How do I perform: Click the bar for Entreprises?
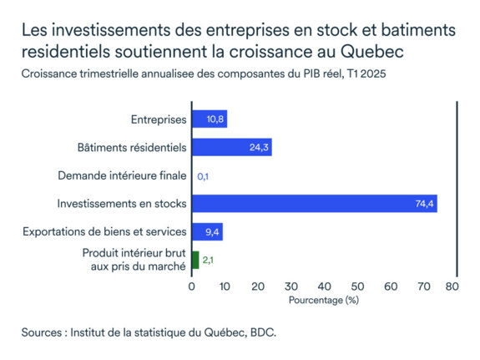[210, 119]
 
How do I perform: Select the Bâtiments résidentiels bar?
[231, 148]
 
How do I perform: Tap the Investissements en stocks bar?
[314, 204]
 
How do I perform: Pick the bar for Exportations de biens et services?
[207, 231]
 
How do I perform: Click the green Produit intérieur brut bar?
[195, 260]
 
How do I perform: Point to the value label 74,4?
[424, 204]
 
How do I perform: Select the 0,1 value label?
[203, 176]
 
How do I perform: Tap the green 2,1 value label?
[209, 261]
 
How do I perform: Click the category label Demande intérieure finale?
[122, 175]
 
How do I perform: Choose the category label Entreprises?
[159, 119]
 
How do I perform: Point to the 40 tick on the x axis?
[322, 286]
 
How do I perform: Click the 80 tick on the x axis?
[452, 286]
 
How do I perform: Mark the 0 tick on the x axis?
[192, 286]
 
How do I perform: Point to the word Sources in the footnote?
[46, 332]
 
